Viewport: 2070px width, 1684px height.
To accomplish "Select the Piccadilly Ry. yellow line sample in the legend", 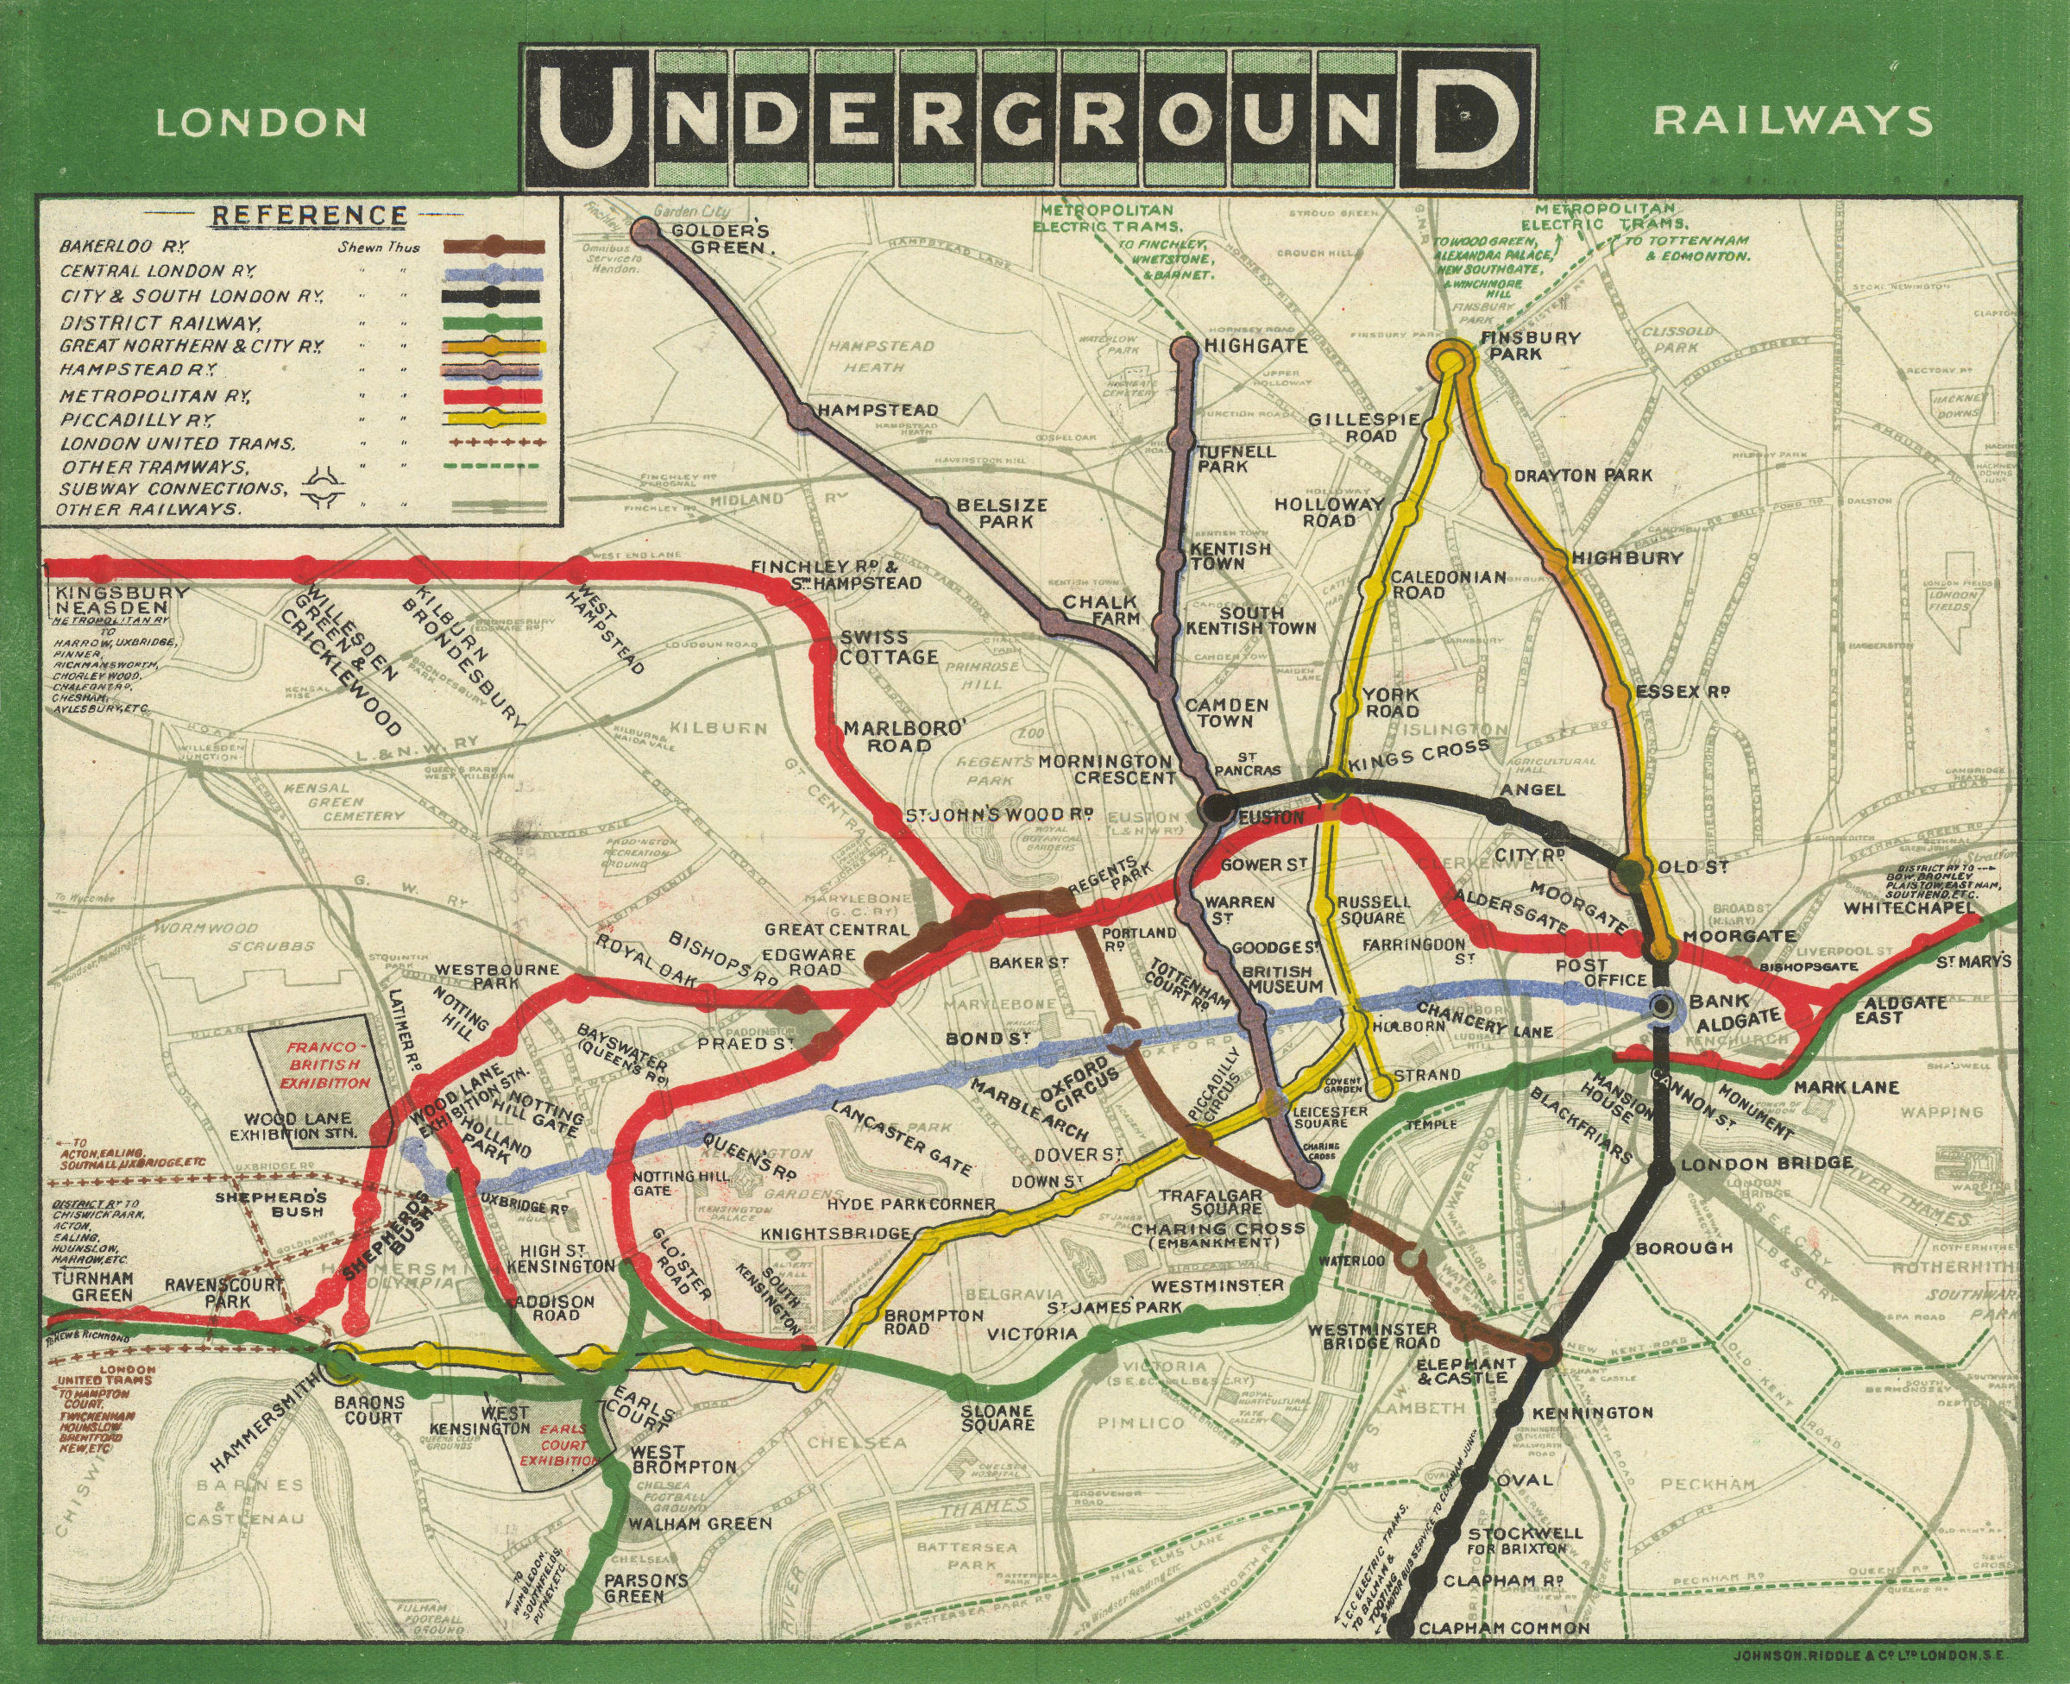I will [493, 419].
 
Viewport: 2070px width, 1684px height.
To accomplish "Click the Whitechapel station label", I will [1908, 908].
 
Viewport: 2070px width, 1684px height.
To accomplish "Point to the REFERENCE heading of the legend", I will [310, 214].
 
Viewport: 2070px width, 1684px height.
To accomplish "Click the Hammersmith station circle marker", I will [339, 1364].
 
